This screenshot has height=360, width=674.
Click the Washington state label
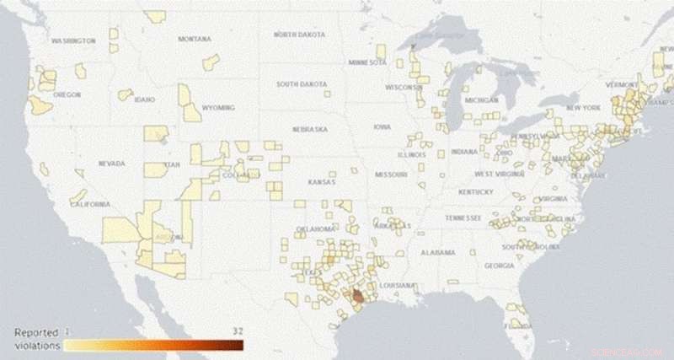click(73, 40)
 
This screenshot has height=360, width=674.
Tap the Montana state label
click(195, 39)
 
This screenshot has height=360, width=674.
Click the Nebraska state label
click(309, 129)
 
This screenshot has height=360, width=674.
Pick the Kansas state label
click(321, 182)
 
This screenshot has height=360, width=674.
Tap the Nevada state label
click(112, 163)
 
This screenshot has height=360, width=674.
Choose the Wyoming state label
click(219, 108)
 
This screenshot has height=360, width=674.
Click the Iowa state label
click(382, 127)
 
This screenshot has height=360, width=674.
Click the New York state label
click(583, 108)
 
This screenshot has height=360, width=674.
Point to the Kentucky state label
click(476, 192)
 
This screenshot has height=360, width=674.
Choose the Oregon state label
click(66, 94)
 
